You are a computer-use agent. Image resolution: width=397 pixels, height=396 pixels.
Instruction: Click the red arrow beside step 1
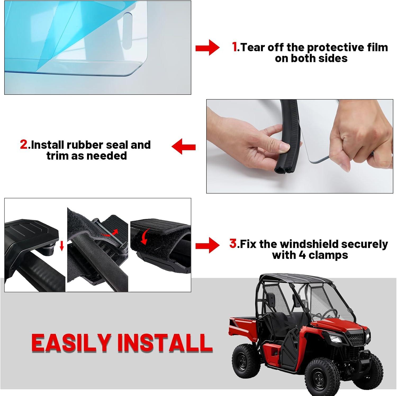tap(207, 48)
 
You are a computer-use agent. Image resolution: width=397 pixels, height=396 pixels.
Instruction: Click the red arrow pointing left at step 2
tap(183, 147)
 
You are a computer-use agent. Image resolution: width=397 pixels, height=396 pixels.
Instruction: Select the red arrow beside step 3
tap(207, 245)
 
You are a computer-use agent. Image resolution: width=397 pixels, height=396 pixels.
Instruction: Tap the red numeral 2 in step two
tap(24, 145)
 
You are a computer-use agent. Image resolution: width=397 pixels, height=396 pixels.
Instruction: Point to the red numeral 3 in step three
tap(233, 244)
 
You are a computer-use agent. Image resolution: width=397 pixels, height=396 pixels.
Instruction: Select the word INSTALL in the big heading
tap(165, 343)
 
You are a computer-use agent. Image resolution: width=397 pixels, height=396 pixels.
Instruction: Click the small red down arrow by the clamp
tap(62, 246)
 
